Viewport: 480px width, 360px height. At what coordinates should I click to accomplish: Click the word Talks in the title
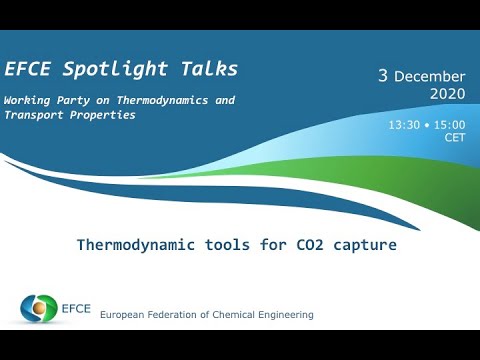coord(205,69)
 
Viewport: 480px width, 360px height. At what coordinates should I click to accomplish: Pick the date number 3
coord(382,76)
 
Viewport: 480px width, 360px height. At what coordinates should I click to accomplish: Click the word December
coord(430,77)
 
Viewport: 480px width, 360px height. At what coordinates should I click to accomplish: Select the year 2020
coord(447,94)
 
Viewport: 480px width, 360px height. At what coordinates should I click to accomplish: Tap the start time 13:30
coord(404,124)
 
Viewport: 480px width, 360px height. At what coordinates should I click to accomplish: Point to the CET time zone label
coord(455,138)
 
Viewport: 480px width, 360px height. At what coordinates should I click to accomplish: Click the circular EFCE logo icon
coord(40,308)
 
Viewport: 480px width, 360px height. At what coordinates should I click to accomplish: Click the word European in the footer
coord(124,315)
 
